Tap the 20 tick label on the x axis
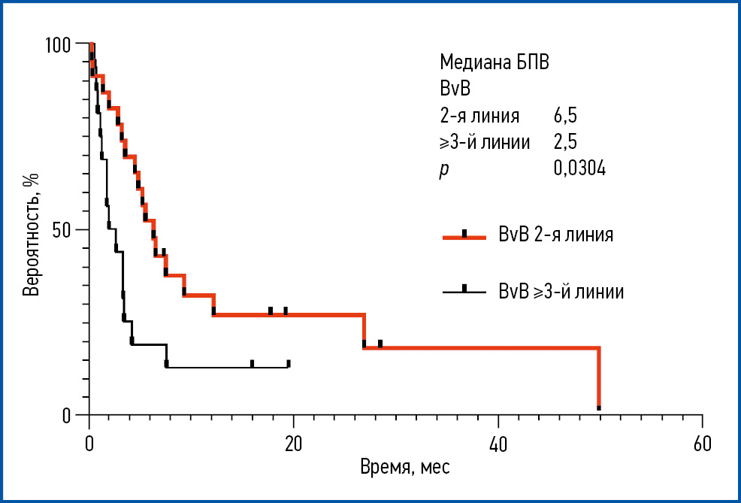click(293, 443)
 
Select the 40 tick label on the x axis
click(498, 443)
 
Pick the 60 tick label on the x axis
click(702, 443)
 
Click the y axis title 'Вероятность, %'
click(32, 233)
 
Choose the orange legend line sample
click(464, 235)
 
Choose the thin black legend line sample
click(464, 290)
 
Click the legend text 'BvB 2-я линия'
click(556, 235)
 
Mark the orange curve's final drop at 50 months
click(599, 380)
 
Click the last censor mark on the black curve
click(289, 363)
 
